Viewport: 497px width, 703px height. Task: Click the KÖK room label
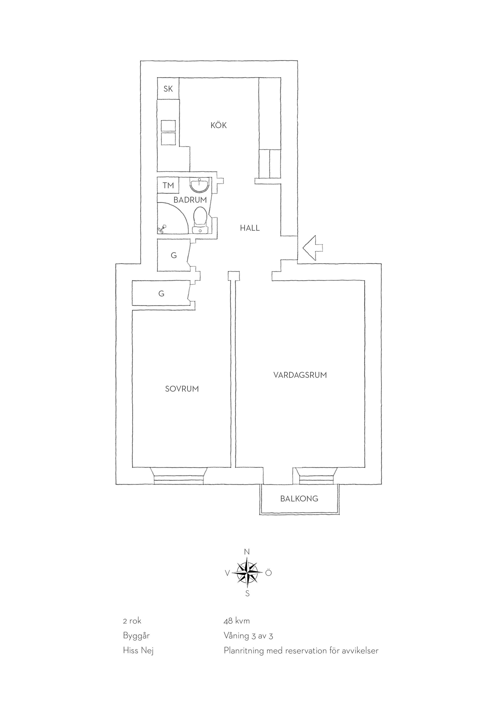pos(218,125)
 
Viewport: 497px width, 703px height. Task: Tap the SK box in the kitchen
pos(168,89)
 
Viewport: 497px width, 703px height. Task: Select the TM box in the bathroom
pos(168,185)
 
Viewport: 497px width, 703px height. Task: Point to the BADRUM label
pos(190,200)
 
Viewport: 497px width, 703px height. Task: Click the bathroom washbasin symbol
pos(200,185)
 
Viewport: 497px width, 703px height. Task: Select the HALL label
pos(250,228)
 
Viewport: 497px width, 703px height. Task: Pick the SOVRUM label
pos(182,389)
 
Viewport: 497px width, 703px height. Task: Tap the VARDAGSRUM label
pos(300,375)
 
